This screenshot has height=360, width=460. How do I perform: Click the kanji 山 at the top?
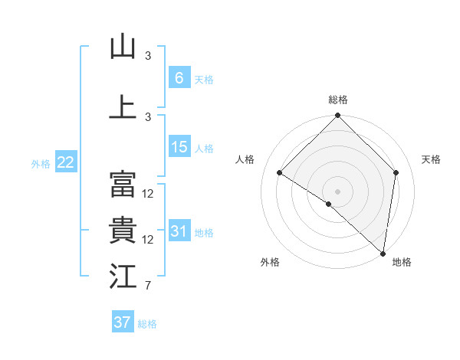[x=123, y=47]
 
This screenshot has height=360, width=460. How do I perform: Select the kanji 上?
[x=123, y=106]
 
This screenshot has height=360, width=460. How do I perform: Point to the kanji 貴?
[x=123, y=231]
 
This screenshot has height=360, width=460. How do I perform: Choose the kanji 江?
[x=123, y=277]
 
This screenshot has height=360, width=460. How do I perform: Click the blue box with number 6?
[x=179, y=77]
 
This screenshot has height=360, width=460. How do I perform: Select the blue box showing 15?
[x=179, y=147]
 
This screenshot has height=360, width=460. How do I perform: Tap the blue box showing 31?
[x=179, y=231]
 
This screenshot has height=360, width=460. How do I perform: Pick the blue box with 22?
[x=66, y=162]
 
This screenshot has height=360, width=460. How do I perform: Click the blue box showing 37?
[x=123, y=322]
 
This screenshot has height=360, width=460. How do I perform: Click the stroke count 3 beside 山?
[x=148, y=56]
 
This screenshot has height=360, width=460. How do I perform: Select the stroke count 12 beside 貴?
[x=149, y=240]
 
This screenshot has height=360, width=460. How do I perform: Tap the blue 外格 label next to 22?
[x=41, y=163]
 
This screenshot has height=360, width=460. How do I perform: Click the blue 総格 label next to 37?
[x=147, y=324]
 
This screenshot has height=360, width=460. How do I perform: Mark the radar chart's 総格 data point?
[x=337, y=116]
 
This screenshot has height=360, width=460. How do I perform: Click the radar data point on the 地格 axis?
[x=383, y=253]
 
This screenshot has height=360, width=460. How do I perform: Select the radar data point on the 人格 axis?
[x=280, y=172]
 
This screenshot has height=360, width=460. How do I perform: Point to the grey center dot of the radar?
[x=337, y=191]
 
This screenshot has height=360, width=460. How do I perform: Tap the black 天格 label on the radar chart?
[x=431, y=159]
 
